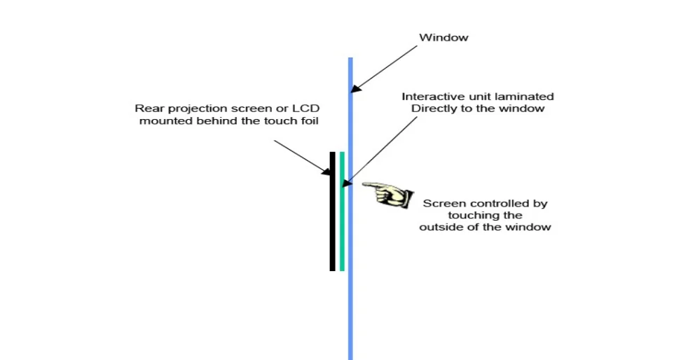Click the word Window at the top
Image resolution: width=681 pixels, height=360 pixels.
443,37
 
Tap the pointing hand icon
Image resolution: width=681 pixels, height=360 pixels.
387,193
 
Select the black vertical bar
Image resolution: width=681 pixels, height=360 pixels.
333,211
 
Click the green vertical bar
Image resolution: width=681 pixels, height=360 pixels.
342,211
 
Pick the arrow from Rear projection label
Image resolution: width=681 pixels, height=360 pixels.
301,156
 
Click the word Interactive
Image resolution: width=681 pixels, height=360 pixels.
429,96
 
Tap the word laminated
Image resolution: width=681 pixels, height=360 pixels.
528,96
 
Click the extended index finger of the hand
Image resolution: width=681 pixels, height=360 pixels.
370,186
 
